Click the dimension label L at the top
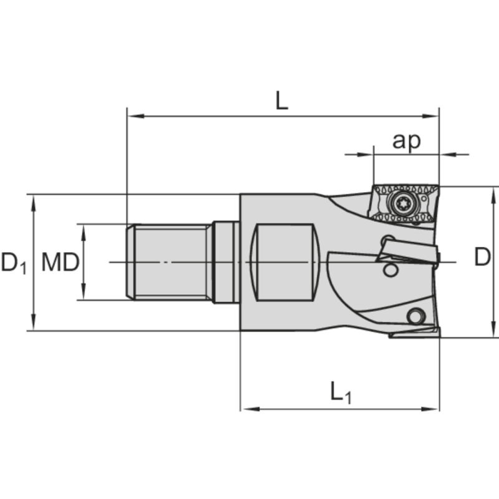[282, 100]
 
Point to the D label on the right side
[482, 257]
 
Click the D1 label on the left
[14, 263]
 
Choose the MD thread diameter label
[60, 263]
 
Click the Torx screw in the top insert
[400, 201]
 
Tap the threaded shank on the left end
[168, 262]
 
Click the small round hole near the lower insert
[412, 316]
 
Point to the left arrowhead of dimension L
[132, 116]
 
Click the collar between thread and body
[225, 262]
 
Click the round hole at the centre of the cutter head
[390, 270]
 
